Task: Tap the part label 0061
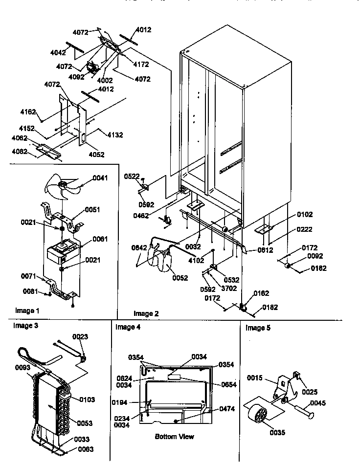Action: (x=100, y=239)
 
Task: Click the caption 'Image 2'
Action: (x=146, y=313)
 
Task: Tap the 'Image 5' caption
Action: (x=258, y=328)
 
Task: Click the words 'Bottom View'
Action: (x=174, y=436)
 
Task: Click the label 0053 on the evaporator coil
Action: (x=85, y=422)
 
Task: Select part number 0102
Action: (x=304, y=214)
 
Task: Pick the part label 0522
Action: (x=132, y=176)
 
